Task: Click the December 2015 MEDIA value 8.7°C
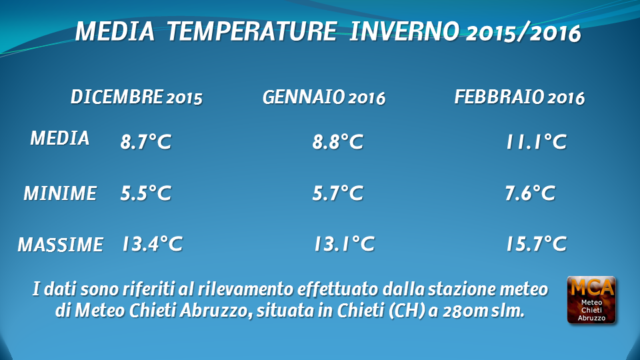[x=146, y=142]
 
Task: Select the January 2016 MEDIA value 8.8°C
[x=337, y=142]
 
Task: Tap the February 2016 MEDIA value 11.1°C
[x=536, y=142]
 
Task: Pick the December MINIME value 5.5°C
[x=146, y=193]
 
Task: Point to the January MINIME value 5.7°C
[x=337, y=193]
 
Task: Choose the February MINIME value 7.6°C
[x=530, y=193]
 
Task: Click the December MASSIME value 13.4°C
[x=152, y=244]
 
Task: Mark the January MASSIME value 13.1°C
[x=344, y=244]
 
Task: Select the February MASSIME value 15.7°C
[x=536, y=244]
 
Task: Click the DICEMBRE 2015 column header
[x=136, y=97]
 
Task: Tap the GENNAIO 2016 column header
[x=324, y=97]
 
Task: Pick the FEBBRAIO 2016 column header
[x=519, y=97]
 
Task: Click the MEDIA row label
[x=59, y=139]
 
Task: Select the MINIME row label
[x=60, y=193]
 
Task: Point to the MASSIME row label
[x=61, y=245]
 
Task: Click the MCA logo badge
[x=591, y=300]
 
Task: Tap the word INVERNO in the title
[x=404, y=31]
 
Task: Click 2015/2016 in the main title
[x=523, y=33]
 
